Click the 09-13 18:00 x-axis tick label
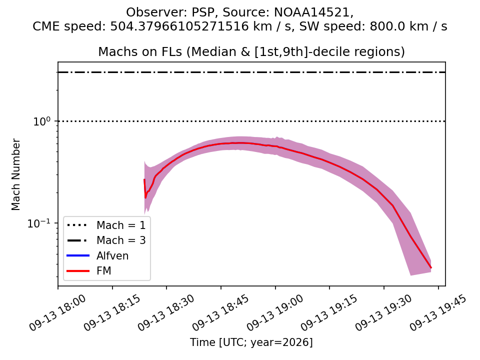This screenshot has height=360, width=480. [57, 312]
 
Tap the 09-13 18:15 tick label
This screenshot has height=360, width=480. [112, 312]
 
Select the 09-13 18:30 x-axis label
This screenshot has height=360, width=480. [166, 312]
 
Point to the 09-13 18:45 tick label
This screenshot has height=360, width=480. [220, 312]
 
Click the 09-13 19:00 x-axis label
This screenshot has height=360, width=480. [275, 312]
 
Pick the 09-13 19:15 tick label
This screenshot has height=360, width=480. [329, 312]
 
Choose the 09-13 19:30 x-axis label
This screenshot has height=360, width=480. [383, 312]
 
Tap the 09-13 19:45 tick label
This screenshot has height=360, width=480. [438, 312]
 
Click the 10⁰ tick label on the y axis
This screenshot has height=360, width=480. [41, 121]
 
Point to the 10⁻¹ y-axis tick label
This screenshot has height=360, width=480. [39, 223]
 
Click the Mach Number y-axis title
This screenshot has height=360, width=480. [15, 174]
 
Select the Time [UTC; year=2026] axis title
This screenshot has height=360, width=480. [251, 342]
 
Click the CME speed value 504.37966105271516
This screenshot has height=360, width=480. [179, 26]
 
